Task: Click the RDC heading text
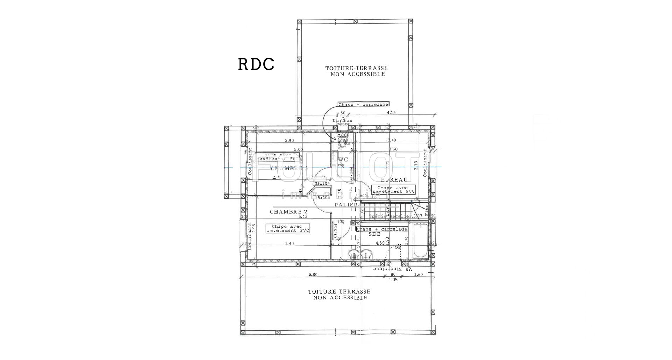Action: (x=256, y=64)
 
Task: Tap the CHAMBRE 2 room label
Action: (x=288, y=212)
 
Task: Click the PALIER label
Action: (x=346, y=205)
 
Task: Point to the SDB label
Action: (x=374, y=234)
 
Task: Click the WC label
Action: (x=343, y=160)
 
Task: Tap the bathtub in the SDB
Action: (x=420, y=241)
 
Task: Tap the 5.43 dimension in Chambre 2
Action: (x=303, y=217)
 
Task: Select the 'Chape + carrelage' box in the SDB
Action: (x=382, y=229)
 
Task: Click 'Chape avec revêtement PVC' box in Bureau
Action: (x=393, y=190)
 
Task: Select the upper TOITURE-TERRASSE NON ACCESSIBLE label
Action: (x=356, y=71)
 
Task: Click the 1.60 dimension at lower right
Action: (x=418, y=275)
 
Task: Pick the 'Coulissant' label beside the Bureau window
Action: (x=425, y=163)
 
